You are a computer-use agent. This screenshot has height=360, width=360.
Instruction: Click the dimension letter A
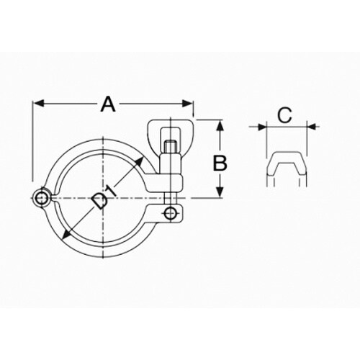click(x=108, y=104)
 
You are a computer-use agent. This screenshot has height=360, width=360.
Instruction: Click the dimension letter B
click(x=220, y=163)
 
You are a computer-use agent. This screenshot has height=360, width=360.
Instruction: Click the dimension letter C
click(x=284, y=115)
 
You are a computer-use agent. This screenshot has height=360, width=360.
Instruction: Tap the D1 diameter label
click(x=104, y=197)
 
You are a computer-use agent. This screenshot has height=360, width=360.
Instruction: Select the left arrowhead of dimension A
click(x=38, y=104)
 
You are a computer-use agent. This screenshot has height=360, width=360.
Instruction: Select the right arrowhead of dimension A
click(x=188, y=104)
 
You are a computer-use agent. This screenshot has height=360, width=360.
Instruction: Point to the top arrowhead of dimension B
click(x=220, y=125)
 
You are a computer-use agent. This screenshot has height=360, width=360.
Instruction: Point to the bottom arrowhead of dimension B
click(x=220, y=192)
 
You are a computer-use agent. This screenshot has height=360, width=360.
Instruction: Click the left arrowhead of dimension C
click(x=262, y=126)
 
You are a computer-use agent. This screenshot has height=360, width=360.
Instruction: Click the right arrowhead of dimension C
click(x=312, y=126)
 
